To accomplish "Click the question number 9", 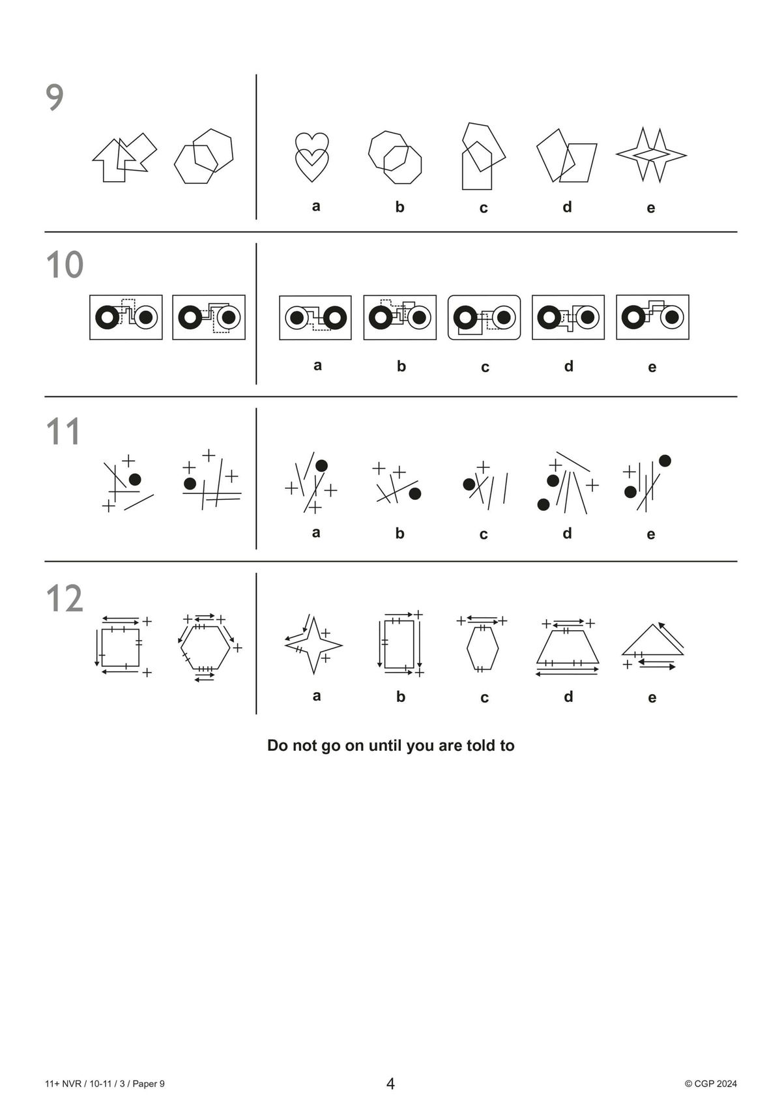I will click(55, 98).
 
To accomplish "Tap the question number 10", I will click(65, 265).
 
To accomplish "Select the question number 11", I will click(63, 431).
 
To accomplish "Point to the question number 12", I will click(65, 598).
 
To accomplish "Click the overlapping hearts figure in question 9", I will click(311, 157).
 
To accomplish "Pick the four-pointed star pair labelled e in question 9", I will click(651, 154).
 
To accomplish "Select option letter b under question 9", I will click(399, 207).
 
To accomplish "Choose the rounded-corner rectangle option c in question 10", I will click(484, 317).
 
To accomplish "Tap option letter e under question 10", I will click(652, 367).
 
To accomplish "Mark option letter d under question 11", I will click(567, 533).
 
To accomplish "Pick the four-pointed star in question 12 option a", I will click(313, 645).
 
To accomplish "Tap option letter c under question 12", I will click(484, 697).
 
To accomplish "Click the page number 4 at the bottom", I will click(390, 1084).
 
